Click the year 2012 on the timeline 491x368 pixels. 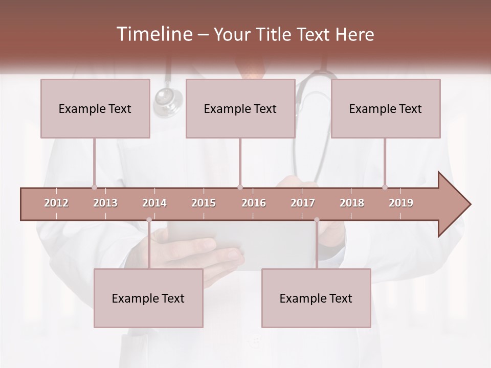coord(56,203)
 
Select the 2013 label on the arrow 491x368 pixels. coord(105,203)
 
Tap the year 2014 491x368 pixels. coord(154,203)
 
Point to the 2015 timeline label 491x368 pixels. coord(204,203)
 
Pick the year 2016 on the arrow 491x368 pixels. coord(254,203)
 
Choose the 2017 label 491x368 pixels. coord(303,203)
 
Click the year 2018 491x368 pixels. coord(352,203)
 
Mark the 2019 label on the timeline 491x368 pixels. coord(401,203)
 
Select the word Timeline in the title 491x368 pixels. coord(154,34)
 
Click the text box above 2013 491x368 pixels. coord(95,108)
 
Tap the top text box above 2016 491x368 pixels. coord(240,108)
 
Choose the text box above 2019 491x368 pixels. coord(386,108)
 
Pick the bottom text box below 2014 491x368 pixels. coord(148,298)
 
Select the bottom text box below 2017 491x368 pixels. coord(316,298)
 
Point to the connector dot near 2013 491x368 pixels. coord(94,187)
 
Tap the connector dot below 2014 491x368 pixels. coord(149,220)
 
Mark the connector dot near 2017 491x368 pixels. coord(317,220)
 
